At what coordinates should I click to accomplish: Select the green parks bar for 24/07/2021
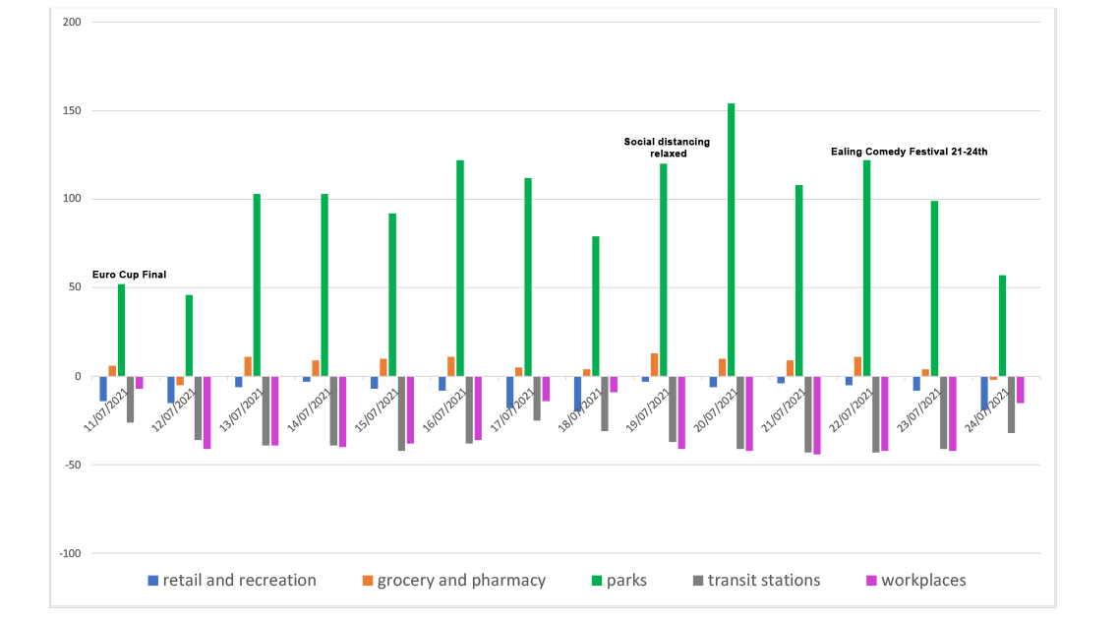[x=1002, y=326]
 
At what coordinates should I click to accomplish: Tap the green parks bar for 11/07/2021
[x=121, y=331]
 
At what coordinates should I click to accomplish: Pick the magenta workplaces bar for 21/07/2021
[x=816, y=415]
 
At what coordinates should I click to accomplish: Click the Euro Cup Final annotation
[x=129, y=275]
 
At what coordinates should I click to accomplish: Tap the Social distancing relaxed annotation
[x=667, y=148]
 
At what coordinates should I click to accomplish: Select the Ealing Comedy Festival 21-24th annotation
[x=909, y=152]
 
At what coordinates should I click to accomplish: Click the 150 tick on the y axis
[x=69, y=110]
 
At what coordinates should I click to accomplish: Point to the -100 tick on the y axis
[x=67, y=553]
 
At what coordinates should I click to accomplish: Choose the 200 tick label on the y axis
[x=69, y=22]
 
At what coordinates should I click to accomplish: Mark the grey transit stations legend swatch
[x=699, y=581]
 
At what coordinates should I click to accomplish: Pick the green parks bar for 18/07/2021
[x=595, y=306]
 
